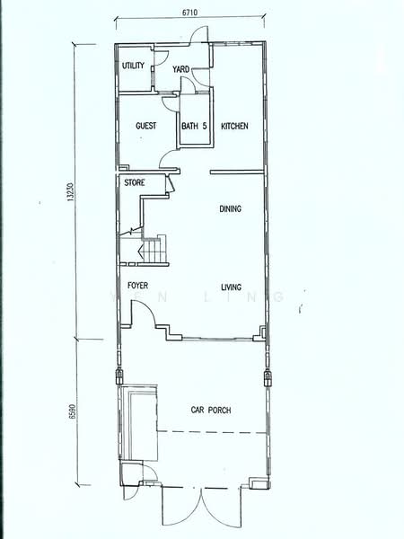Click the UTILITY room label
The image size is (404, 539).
[x=133, y=65]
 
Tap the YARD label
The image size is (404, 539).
[x=180, y=69]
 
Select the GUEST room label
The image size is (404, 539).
[x=146, y=126]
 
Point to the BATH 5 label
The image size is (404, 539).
[x=194, y=126]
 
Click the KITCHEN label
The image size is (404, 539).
[x=234, y=126]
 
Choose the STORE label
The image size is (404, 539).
[x=135, y=182]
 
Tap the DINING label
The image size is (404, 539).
[x=230, y=208]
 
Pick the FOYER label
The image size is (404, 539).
[x=137, y=286]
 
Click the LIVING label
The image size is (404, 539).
[x=231, y=287]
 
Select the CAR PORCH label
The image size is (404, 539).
[x=211, y=410]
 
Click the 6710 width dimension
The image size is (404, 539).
[x=189, y=13]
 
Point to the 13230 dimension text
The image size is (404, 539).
[x=70, y=191]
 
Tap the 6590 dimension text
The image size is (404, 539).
[x=72, y=411]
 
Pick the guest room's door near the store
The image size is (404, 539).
[x=169, y=158]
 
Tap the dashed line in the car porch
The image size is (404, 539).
[x=212, y=432]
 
